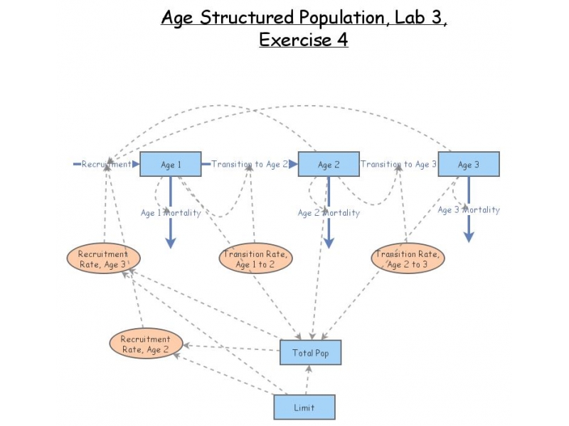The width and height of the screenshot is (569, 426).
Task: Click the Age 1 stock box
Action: pyautogui.click(x=171, y=164)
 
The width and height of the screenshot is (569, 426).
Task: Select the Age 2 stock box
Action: pyautogui.click(x=328, y=164)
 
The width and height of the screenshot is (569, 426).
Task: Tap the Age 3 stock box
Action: pyautogui.click(x=468, y=164)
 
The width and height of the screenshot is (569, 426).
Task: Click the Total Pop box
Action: pyautogui.click(x=310, y=352)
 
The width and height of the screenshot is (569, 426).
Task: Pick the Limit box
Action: pyautogui.click(x=304, y=408)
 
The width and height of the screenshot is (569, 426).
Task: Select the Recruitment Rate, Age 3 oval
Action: pyautogui.click(x=103, y=259)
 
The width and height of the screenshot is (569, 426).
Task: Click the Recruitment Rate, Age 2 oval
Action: pyautogui.click(x=145, y=344)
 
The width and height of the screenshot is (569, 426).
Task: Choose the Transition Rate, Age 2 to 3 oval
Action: pyautogui.click(x=408, y=259)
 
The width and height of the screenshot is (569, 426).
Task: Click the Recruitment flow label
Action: pyautogui.click(x=106, y=164)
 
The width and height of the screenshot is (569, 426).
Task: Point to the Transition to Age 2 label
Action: pyautogui.click(x=250, y=164)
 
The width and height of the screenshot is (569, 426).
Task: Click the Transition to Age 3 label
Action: pyautogui.click(x=398, y=164)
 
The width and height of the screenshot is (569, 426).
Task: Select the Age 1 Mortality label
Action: pyautogui.click(x=170, y=212)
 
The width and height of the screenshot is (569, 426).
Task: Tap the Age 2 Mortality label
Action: pyautogui.click(x=329, y=212)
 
